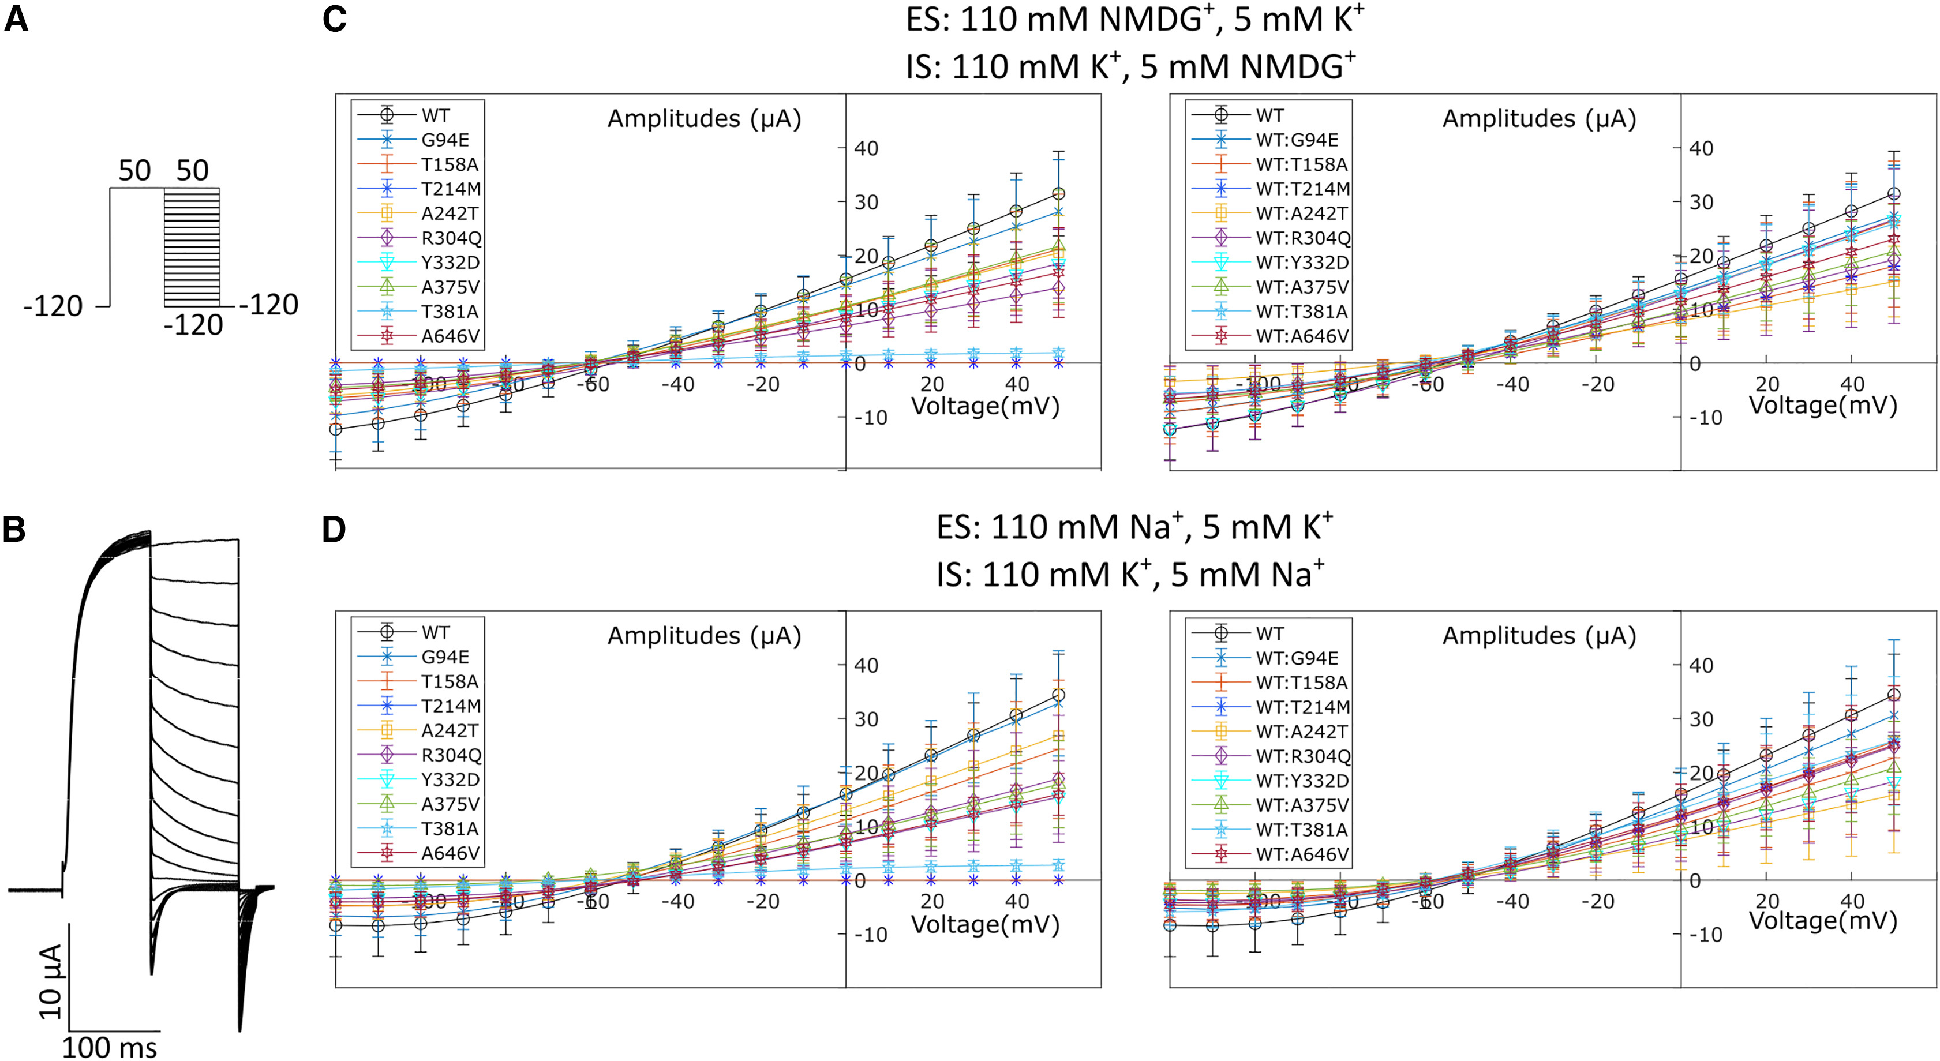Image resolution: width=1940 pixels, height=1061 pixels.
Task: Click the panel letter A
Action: click(17, 18)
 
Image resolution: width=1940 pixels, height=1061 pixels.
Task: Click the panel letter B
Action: click(14, 530)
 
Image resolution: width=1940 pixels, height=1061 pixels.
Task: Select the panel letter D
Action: click(334, 530)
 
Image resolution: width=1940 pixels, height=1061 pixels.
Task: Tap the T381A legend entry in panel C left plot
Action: click(450, 312)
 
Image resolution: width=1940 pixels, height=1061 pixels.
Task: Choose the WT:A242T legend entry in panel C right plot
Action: click(1301, 213)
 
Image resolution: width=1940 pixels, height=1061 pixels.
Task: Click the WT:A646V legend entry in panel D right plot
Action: click(1301, 854)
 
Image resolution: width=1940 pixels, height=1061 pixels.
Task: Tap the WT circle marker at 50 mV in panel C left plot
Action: click(1059, 193)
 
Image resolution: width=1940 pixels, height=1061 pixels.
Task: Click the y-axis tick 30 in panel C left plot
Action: click(866, 202)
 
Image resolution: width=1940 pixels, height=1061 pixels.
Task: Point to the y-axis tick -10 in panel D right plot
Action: click(1705, 935)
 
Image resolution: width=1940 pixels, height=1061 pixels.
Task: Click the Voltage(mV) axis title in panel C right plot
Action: click(1822, 405)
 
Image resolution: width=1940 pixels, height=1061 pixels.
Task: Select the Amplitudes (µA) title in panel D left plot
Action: click(703, 636)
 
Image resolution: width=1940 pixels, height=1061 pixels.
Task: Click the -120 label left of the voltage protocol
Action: click(53, 306)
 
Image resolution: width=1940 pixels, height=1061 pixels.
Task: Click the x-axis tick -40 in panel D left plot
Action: click(678, 901)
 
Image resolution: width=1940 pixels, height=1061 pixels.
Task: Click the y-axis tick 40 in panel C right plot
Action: click(1701, 148)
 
